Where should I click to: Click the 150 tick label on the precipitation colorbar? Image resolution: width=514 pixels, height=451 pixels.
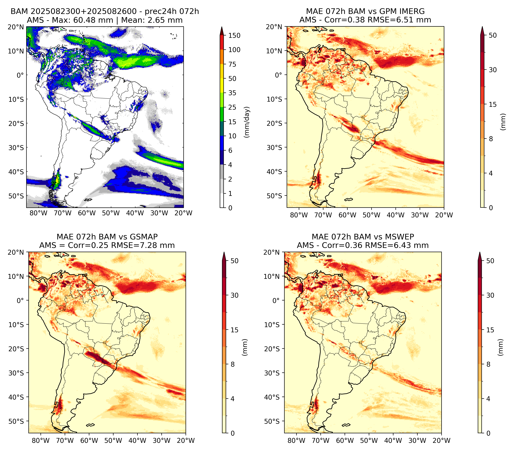234,35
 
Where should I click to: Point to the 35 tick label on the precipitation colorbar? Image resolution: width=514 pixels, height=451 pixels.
232,93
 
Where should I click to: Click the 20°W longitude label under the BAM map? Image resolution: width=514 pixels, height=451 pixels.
183,213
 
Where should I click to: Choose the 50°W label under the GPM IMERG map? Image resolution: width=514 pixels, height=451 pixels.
371,215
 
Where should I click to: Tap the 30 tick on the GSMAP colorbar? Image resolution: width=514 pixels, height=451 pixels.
234,295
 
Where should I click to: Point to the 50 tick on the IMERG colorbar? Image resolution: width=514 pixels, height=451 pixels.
493,35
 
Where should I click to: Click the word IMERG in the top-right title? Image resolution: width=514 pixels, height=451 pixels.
412,11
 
